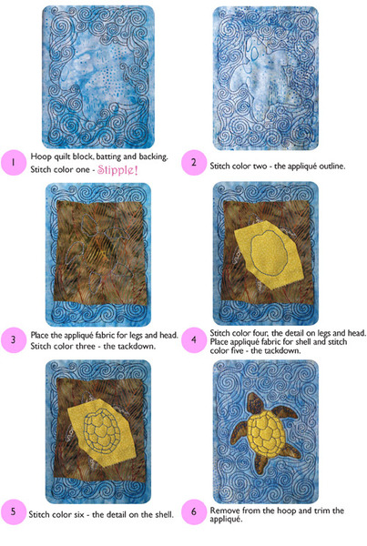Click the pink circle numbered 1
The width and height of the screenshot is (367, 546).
pyautogui.click(x=14, y=162)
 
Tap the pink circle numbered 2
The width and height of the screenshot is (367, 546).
pyautogui.click(x=194, y=162)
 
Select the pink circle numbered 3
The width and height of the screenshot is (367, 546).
pyautogui.click(x=14, y=339)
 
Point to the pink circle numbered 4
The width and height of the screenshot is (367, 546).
pyautogui.click(x=194, y=339)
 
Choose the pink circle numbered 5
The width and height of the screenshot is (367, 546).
pyautogui.click(x=14, y=511)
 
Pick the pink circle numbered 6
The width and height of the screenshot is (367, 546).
pyautogui.click(x=194, y=511)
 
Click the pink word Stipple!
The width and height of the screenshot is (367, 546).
pyautogui.click(x=117, y=170)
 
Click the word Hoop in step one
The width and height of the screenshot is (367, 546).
pyautogui.click(x=41, y=157)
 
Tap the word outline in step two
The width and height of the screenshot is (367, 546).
pyautogui.click(x=331, y=167)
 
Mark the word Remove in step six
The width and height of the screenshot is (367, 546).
pyautogui.click(x=224, y=511)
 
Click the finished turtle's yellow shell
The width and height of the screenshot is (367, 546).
pyautogui.click(x=267, y=432)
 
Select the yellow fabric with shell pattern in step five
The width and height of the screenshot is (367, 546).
pyautogui.click(x=101, y=432)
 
